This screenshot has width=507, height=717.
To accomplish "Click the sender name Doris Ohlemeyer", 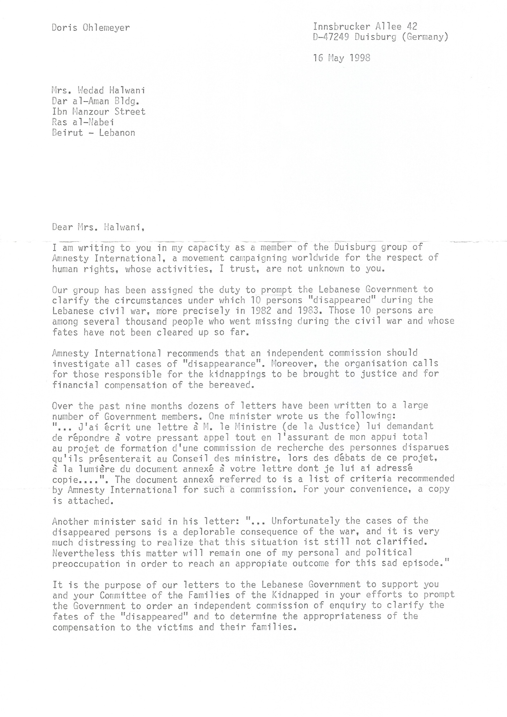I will (x=91, y=28).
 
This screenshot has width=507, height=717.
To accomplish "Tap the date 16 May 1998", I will (x=341, y=58).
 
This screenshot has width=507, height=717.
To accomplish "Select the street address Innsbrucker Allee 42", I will (x=365, y=26).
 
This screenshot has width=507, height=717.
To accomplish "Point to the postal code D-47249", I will (x=331, y=37).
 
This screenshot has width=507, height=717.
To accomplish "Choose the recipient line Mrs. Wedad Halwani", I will (x=99, y=90).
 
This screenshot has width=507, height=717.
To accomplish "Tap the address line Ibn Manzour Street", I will (x=99, y=112).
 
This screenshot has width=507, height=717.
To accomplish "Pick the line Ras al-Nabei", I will (x=83, y=122).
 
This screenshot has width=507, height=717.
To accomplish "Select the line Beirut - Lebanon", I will (x=94, y=133).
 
